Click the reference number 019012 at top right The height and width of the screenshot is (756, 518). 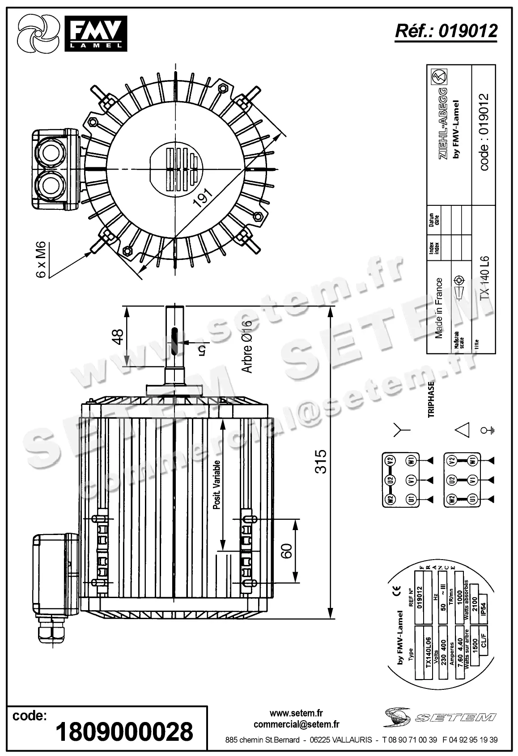click(x=446, y=31)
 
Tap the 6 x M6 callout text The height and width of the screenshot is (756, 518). click(x=41, y=259)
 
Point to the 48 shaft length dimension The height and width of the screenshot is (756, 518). click(x=117, y=336)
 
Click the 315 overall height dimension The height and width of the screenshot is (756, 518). click(x=321, y=461)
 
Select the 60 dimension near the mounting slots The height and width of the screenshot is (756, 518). click(x=286, y=550)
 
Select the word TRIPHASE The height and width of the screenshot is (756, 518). click(x=431, y=399)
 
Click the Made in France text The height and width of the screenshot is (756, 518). click(x=439, y=308)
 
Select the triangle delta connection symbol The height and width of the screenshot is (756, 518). click(x=462, y=430)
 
